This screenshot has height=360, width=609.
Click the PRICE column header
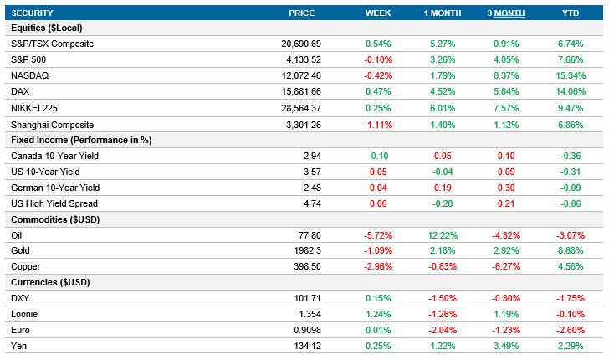301,13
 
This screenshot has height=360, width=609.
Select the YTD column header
571,13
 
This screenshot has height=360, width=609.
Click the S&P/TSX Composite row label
52,44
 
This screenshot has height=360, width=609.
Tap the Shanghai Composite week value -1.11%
378,123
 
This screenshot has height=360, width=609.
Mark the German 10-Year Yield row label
55,188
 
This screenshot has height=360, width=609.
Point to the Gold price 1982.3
322,251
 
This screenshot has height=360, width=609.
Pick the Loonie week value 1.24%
378,315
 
